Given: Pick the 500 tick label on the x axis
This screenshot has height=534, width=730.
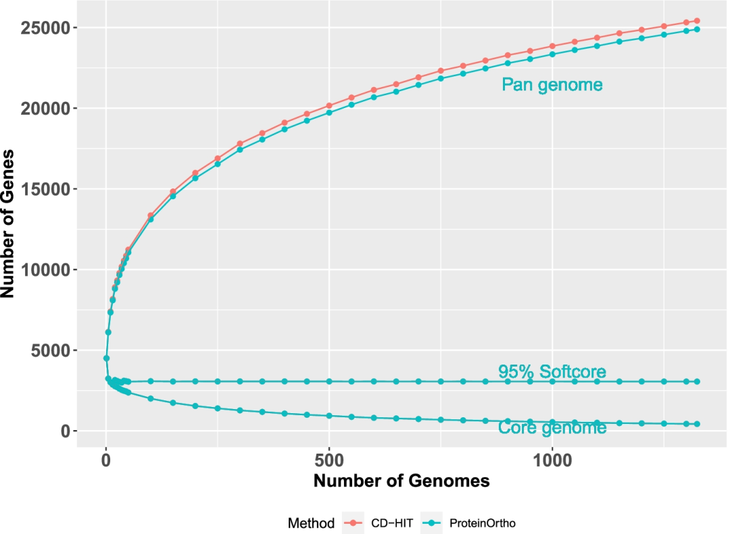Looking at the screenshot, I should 329,459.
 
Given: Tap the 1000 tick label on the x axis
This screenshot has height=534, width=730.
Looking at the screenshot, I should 552,459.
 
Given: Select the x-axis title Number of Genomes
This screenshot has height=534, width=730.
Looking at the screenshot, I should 401,482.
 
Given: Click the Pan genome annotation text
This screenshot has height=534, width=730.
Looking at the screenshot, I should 552,85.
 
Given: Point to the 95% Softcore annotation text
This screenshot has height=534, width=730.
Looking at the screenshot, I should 552,371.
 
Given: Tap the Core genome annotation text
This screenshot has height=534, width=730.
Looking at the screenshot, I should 552,428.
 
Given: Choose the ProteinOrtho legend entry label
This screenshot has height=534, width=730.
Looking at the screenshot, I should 478,523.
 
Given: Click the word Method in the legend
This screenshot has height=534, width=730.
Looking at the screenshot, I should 311,523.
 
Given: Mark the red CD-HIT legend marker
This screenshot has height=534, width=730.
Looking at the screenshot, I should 353,523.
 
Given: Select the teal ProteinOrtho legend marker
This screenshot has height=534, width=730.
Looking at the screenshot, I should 430,523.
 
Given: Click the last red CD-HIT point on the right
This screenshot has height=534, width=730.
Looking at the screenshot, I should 697,21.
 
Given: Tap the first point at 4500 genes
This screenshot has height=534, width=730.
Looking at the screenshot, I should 106,358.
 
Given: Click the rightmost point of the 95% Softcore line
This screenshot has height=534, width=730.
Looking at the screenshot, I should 697,381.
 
